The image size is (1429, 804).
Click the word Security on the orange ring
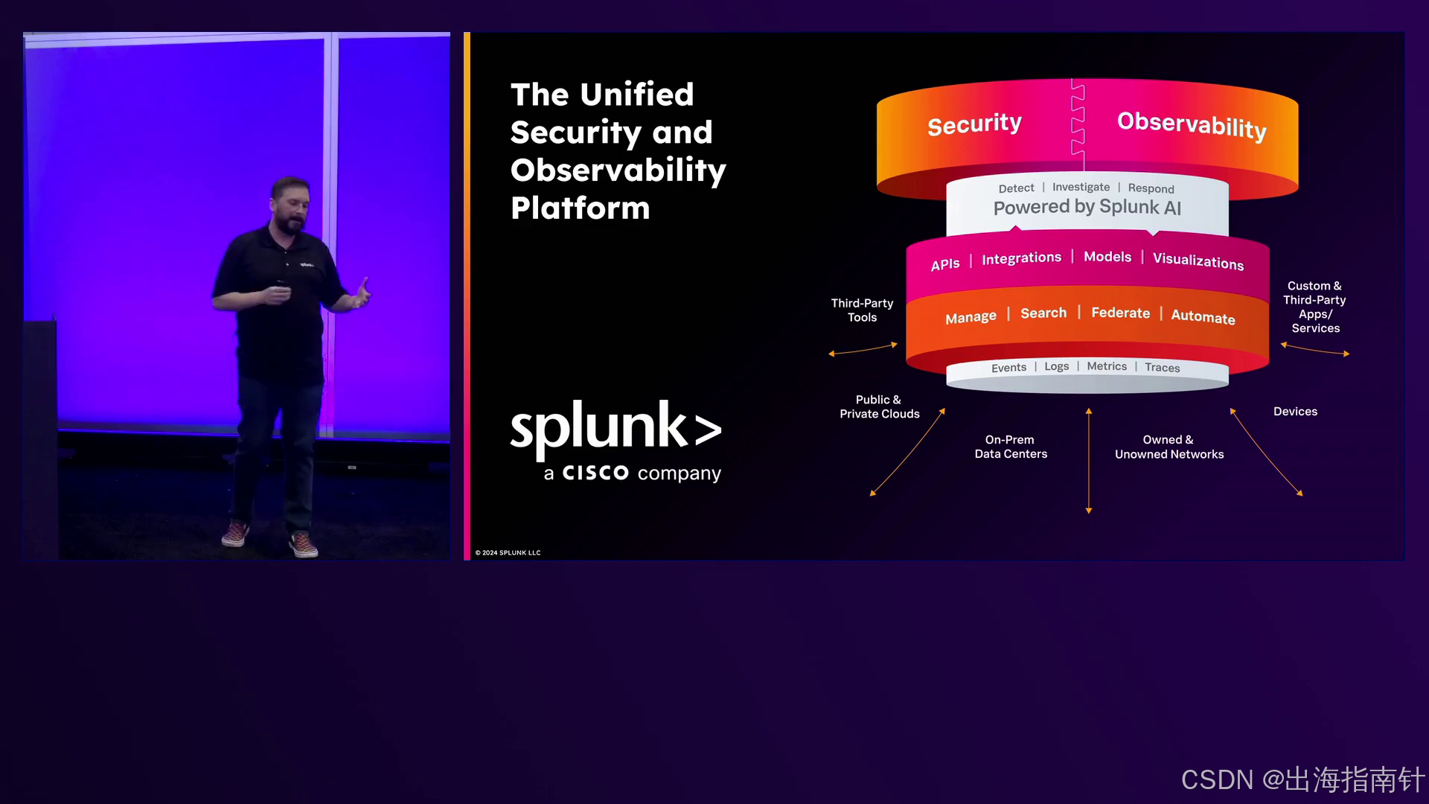[974, 124]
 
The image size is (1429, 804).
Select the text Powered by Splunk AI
[1087, 207]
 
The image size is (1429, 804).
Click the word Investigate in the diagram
[1081, 188]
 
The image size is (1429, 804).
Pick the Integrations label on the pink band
[1021, 258]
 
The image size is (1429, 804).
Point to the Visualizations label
[1198, 261]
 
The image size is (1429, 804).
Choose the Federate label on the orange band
[1120, 313]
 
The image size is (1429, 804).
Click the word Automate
[1203, 316]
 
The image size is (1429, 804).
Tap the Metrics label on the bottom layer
[1107, 366]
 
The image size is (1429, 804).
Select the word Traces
[1162, 368]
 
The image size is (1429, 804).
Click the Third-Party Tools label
[862, 310]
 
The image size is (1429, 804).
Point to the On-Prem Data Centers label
[1011, 447]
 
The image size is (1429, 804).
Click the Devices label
[1295, 412]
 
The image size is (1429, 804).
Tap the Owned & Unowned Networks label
[1169, 447]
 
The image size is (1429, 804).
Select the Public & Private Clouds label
[879, 406]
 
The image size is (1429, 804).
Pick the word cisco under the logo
[595, 473]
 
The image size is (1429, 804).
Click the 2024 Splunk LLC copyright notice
[508, 553]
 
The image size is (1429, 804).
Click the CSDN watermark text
[1302, 779]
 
